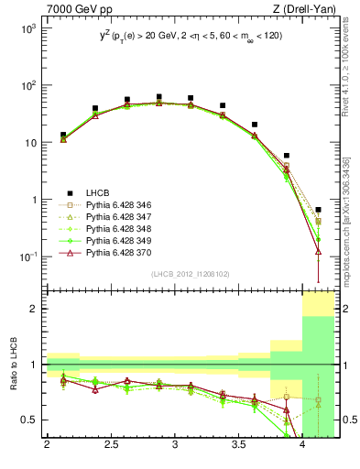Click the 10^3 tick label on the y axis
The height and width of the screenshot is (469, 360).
pos(27,28)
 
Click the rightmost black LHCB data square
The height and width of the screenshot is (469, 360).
pos(318,210)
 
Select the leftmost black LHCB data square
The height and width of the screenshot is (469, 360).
pos(63,135)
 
